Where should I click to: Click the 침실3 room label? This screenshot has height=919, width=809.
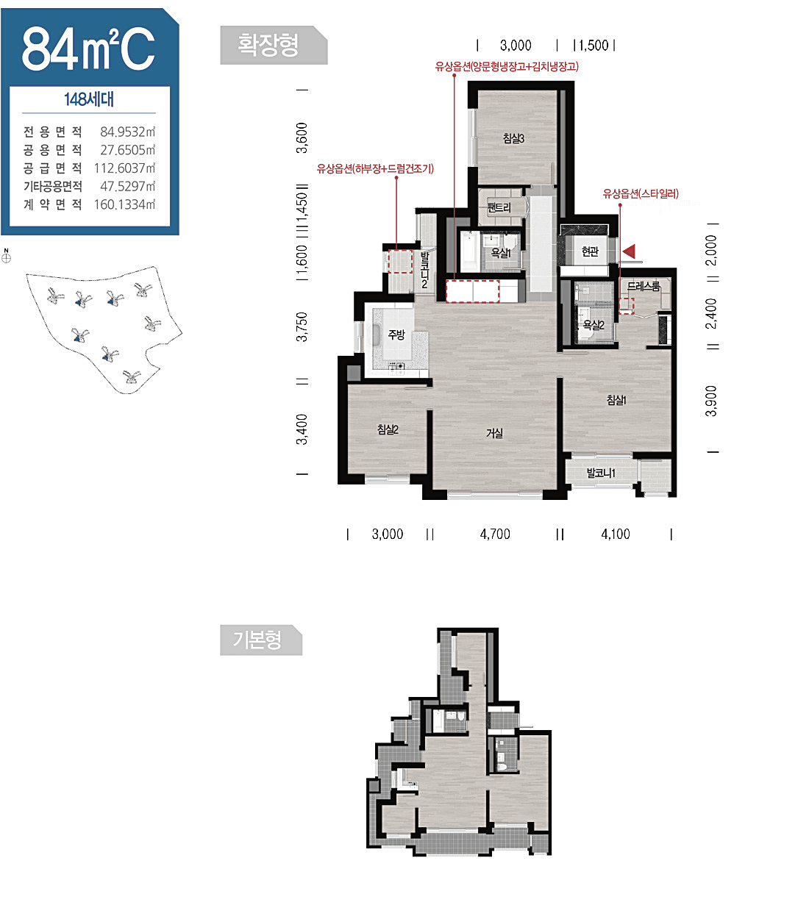click(x=513, y=138)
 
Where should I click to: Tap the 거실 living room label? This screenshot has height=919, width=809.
click(x=494, y=433)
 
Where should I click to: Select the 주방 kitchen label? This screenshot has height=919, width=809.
click(x=396, y=335)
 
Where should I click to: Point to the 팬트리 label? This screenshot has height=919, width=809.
click(x=499, y=207)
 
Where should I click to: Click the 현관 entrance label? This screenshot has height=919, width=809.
click(x=590, y=251)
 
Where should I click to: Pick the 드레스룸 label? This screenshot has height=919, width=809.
click(x=643, y=286)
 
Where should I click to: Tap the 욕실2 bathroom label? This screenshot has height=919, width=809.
click(x=594, y=325)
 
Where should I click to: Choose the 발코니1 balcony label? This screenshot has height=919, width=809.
click(x=601, y=473)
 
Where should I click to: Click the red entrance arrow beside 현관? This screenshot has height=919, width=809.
click(x=628, y=251)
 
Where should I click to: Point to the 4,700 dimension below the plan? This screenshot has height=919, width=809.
click(x=495, y=534)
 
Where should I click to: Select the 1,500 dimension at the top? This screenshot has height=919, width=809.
click(x=594, y=46)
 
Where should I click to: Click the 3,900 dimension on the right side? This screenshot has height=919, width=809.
click(x=711, y=401)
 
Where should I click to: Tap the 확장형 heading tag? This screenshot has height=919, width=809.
click(x=274, y=45)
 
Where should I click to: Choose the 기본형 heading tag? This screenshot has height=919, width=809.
click(x=261, y=640)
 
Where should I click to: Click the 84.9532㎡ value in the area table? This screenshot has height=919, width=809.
click(x=127, y=132)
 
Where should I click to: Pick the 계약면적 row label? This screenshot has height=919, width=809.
click(x=53, y=204)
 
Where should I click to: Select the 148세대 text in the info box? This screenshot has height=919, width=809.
click(x=89, y=99)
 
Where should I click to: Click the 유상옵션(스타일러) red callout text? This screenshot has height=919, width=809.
click(x=641, y=193)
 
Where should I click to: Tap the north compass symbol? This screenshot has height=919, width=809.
click(x=6, y=257)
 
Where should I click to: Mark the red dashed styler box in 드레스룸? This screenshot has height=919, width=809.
click(x=626, y=306)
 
